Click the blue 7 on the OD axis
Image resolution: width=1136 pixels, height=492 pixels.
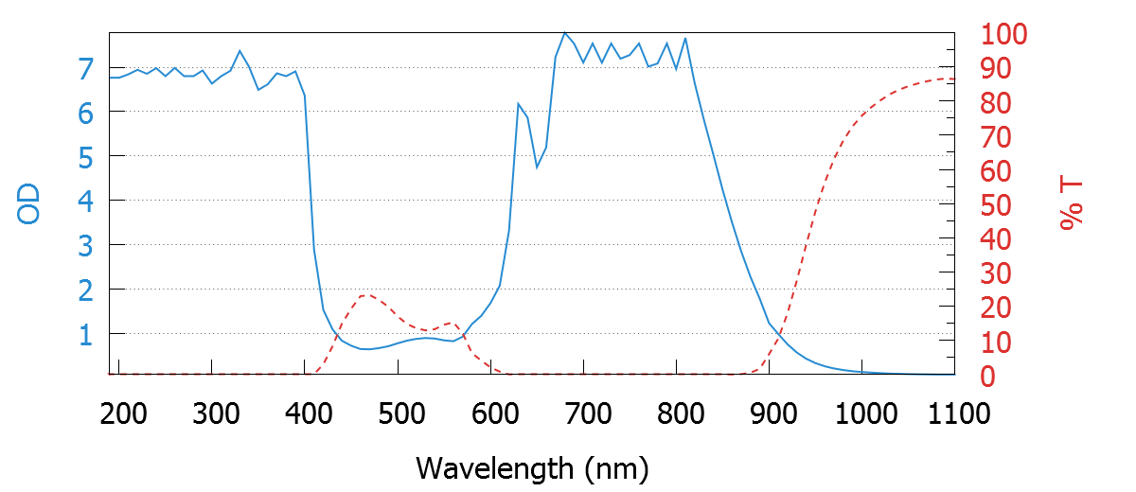click(x=86, y=68)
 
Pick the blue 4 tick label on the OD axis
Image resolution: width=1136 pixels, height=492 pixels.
click(x=86, y=201)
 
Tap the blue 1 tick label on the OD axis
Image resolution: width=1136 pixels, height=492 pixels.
click(x=86, y=334)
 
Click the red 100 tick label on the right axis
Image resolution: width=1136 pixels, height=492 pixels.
click(x=1003, y=35)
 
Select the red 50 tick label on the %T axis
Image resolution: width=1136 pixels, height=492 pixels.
click(x=994, y=205)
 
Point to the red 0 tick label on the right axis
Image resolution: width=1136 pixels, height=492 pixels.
click(x=985, y=377)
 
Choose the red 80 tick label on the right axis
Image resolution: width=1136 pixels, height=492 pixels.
click(x=994, y=103)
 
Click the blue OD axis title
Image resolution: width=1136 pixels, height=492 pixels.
click(x=29, y=204)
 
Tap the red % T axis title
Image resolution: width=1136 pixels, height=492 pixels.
click(x=1071, y=204)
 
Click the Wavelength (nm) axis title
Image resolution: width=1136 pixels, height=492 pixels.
click(x=532, y=467)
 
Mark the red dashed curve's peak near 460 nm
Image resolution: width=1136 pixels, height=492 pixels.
click(x=365, y=294)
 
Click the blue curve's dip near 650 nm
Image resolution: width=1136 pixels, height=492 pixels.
click(x=537, y=167)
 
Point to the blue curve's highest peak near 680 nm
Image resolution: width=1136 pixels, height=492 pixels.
click(x=564, y=33)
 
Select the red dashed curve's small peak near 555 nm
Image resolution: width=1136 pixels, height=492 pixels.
click(x=451, y=324)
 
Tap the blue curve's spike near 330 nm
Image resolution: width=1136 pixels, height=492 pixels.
click(x=240, y=50)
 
